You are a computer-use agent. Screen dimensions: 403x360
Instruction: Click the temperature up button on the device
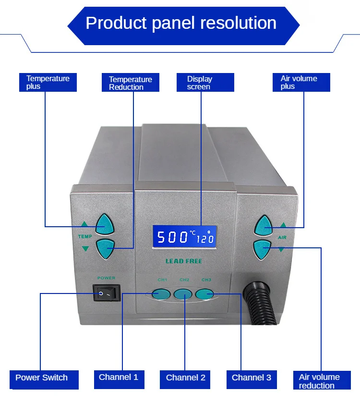(104, 224)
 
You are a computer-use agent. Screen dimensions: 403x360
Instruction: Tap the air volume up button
(263, 225)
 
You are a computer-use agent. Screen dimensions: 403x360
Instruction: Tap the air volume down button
(262, 248)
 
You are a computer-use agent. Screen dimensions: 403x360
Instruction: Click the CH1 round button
(162, 294)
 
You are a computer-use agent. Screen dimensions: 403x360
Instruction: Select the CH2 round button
(183, 294)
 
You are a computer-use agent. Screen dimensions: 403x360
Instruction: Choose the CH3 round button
(204, 294)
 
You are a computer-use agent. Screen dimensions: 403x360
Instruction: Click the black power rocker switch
(106, 292)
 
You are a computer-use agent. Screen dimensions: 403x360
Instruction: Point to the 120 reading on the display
(205, 239)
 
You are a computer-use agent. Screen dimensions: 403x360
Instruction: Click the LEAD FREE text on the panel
(184, 261)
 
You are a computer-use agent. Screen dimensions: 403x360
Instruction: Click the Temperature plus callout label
(48, 82)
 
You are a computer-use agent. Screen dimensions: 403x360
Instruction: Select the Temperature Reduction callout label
(130, 83)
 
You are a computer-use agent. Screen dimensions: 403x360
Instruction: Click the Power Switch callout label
(41, 377)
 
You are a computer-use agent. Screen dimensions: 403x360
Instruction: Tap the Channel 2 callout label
(186, 378)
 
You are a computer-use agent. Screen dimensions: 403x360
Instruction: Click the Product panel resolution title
(181, 23)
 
